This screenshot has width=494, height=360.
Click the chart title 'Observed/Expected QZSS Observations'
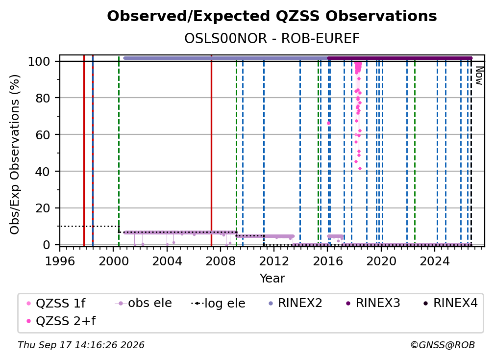272,16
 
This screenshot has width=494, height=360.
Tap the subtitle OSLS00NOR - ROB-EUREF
272,39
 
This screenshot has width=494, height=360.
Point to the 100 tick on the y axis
39,61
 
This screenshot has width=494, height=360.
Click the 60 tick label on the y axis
43,134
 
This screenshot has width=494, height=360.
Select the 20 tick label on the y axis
43,208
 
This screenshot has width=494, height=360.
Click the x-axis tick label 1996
60,261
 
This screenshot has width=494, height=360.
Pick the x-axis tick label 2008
220,261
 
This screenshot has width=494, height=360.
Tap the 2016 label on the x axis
327,261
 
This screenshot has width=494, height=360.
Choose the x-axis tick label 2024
434,261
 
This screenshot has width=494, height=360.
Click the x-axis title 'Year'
272,279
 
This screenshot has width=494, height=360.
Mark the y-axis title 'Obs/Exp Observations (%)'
15,154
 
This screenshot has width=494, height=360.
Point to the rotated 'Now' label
479,76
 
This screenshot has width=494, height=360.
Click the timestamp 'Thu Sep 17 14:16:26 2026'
81,345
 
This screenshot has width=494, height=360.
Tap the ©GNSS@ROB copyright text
443,345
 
